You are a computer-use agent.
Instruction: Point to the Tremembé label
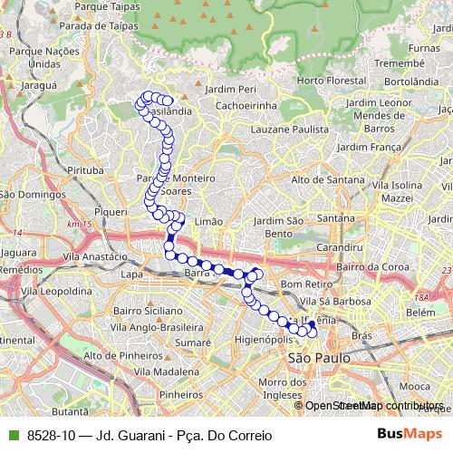[400, 64]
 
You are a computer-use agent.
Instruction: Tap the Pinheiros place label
[180, 395]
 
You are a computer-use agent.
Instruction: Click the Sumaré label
[192, 343]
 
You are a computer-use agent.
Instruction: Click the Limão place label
[208, 221]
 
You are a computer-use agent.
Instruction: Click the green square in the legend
[12, 436]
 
